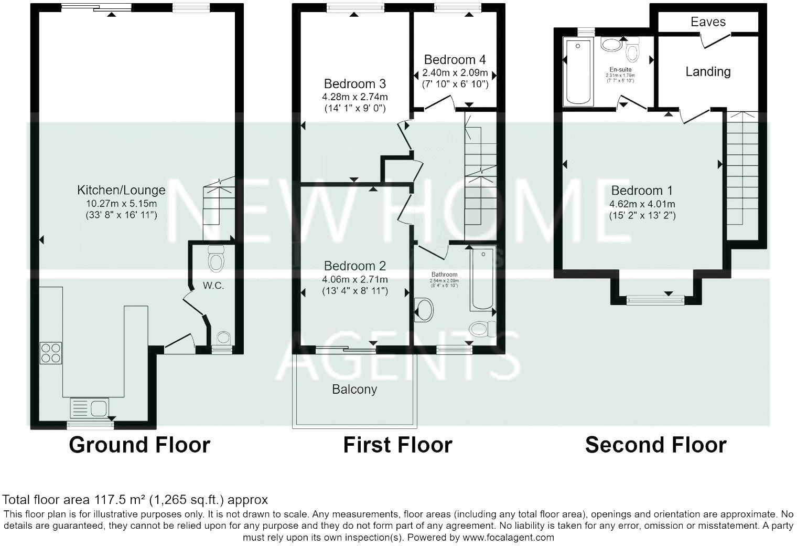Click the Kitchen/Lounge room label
[x=121, y=190]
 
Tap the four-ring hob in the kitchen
[x=51, y=353]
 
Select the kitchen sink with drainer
[x=89, y=407]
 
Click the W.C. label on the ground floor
[x=213, y=286]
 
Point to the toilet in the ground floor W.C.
[x=216, y=259]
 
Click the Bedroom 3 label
[x=354, y=83]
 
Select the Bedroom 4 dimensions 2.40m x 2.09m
[x=455, y=72]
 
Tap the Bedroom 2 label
[x=354, y=266]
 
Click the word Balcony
[x=354, y=389]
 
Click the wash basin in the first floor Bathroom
[x=424, y=310]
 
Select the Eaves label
[x=708, y=22]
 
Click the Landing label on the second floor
[x=708, y=71]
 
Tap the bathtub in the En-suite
[x=577, y=72]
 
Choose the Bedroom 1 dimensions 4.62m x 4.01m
[x=642, y=204]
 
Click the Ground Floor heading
[x=139, y=445]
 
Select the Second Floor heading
[x=655, y=445]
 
